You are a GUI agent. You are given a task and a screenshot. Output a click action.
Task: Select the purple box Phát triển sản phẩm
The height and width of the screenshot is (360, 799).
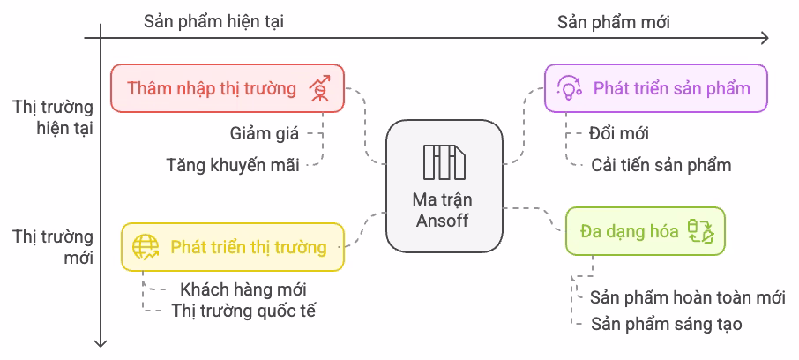point(655,88)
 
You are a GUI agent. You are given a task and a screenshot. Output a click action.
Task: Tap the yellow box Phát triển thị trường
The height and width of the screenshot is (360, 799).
point(233,247)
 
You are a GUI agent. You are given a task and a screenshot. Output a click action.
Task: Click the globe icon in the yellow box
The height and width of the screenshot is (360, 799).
point(145,247)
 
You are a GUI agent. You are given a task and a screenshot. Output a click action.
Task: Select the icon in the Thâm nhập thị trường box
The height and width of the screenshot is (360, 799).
point(320,88)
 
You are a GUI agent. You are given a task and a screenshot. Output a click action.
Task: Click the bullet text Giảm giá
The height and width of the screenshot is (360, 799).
point(265,134)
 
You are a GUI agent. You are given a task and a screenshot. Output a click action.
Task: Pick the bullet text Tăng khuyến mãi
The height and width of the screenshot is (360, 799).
point(233,164)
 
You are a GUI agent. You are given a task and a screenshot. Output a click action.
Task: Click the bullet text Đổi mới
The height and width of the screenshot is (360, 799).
point(618,134)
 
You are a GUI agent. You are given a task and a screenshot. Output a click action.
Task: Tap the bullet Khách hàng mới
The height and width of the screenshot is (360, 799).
point(243,289)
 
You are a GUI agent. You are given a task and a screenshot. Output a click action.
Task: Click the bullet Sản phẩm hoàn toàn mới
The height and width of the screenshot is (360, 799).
point(687,296)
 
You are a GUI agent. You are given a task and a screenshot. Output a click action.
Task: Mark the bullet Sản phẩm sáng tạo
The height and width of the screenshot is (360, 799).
point(666,324)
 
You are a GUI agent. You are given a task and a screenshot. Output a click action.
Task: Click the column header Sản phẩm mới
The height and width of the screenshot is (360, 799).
point(614,22)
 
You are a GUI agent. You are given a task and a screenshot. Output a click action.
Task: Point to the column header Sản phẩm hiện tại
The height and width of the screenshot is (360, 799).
point(214,22)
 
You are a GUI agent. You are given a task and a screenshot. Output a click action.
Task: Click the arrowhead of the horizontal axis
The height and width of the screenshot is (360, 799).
point(764,38)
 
